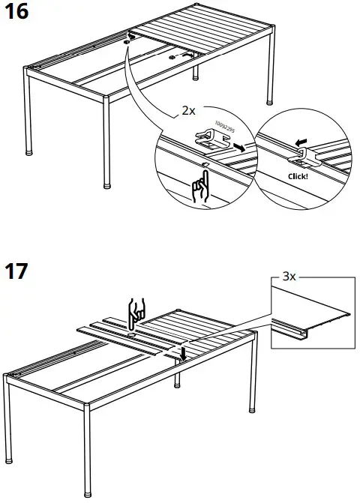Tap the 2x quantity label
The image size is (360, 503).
pyautogui.click(x=189, y=109)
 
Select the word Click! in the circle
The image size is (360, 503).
pyautogui.click(x=298, y=176)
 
